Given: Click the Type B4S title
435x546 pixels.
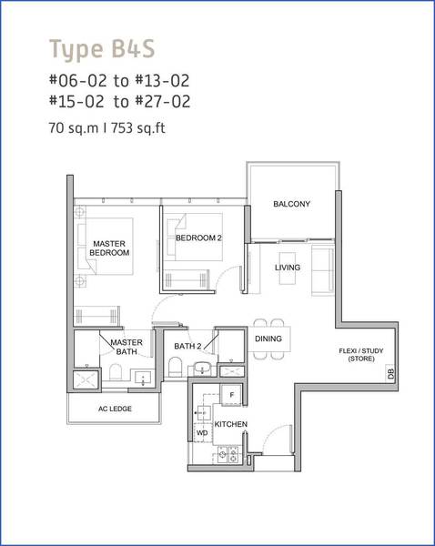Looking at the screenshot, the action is click(102, 49).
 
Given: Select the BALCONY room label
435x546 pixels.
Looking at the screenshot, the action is click(291, 204).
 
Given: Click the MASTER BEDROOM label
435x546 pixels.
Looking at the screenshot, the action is click(109, 248).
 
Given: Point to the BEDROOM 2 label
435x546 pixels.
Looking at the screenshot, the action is click(198, 238).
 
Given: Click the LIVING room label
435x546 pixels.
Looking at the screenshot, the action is click(288, 268).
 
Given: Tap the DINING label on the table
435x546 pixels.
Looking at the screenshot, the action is click(268, 339).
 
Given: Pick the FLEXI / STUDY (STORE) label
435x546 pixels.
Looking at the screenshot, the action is click(361, 355).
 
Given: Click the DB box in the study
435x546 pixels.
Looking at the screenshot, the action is click(390, 374).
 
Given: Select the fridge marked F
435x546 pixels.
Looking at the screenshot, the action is click(231, 395).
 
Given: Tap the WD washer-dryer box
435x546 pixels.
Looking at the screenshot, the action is click(202, 433).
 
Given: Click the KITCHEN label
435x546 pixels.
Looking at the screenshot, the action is click(230, 424).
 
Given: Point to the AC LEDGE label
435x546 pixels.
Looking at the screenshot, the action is click(115, 409).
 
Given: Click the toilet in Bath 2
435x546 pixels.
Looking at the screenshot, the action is click(175, 367).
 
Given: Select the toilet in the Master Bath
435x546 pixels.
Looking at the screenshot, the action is click(116, 372).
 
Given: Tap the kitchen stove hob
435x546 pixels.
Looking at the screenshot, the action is click(228, 454).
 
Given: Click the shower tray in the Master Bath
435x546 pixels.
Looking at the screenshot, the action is click(86, 379).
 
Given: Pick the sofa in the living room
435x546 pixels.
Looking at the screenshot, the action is click(322, 270).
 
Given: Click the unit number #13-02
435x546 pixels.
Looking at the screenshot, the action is click(162, 80).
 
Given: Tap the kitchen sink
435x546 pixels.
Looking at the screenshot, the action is click(204, 413).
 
